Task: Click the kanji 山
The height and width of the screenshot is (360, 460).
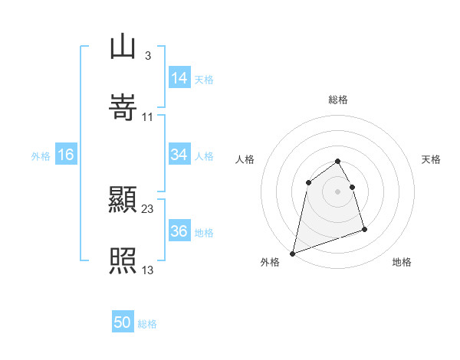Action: coord(123,47)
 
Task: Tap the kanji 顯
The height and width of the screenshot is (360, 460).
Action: coord(123,201)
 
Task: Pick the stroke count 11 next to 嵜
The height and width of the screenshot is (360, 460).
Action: coord(148,116)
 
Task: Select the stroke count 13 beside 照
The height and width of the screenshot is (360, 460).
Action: coord(148,270)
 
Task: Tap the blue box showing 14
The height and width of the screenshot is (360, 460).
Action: coord(179,77)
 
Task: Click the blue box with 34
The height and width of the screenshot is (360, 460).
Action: coord(179,155)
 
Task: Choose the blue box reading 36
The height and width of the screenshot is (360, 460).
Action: coord(179,231)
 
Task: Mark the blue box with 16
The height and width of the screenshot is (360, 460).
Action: coord(66,155)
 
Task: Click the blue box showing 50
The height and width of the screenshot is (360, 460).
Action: coord(122,322)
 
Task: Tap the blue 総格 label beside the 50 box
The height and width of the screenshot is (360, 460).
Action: coord(147,324)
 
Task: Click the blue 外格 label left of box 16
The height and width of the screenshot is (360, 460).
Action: coord(41,156)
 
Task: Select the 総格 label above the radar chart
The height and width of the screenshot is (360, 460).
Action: coord(338,100)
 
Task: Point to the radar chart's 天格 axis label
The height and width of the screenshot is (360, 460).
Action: coord(432,159)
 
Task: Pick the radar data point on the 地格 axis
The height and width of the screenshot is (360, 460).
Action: coord(364,229)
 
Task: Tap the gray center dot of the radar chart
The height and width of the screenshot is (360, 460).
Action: coord(338,191)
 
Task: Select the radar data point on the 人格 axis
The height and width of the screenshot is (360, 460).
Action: coord(308,182)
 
